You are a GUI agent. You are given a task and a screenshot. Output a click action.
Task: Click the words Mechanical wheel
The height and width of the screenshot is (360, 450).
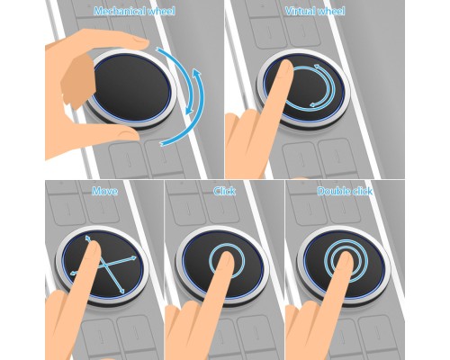pyautogui.click(x=134, y=12)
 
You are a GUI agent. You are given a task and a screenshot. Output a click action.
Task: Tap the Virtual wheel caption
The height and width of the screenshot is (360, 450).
pyautogui.click(x=315, y=12)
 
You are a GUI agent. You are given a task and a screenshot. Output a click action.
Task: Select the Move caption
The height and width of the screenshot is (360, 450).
pyautogui.click(x=104, y=191)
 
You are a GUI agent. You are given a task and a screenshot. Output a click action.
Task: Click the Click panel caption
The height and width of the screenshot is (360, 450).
pyautogui.click(x=224, y=191)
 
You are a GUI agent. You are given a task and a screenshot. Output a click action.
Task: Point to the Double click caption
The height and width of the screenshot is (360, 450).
pyautogui.click(x=345, y=191)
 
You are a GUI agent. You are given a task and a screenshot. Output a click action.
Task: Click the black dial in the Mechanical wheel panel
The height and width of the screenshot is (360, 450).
pyautogui.click(x=132, y=87)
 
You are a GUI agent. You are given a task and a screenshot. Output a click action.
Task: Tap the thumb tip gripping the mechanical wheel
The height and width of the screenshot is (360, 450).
pyautogui.click(x=128, y=132)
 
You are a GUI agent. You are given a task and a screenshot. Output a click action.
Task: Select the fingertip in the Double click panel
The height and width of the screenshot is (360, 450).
pyautogui.click(x=346, y=258)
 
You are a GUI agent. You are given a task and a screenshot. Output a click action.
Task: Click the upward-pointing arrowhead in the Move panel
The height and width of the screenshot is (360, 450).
pyautogui.click(x=87, y=238)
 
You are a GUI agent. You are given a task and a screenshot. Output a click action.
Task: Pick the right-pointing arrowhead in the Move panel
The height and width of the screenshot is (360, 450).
pyautogui.click(x=134, y=257)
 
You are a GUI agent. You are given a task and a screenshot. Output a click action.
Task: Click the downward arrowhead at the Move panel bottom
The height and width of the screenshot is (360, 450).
pyautogui.click(x=121, y=291)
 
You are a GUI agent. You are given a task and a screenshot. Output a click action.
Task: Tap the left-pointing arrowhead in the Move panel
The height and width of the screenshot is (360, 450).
pyautogui.click(x=73, y=273)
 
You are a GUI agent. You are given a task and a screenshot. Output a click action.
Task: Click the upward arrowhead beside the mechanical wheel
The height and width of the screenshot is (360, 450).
pyautogui.click(x=196, y=73)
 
